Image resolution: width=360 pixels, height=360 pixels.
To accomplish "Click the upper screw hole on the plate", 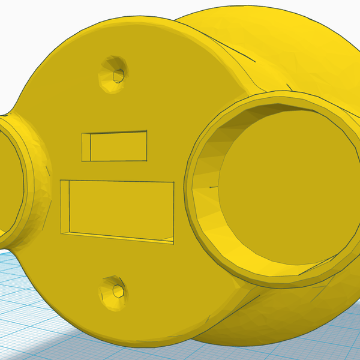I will (x=118, y=74).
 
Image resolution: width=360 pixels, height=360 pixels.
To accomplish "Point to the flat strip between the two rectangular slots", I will (x=120, y=170).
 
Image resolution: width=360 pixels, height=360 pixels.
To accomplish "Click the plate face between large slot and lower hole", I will (x=120, y=261).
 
